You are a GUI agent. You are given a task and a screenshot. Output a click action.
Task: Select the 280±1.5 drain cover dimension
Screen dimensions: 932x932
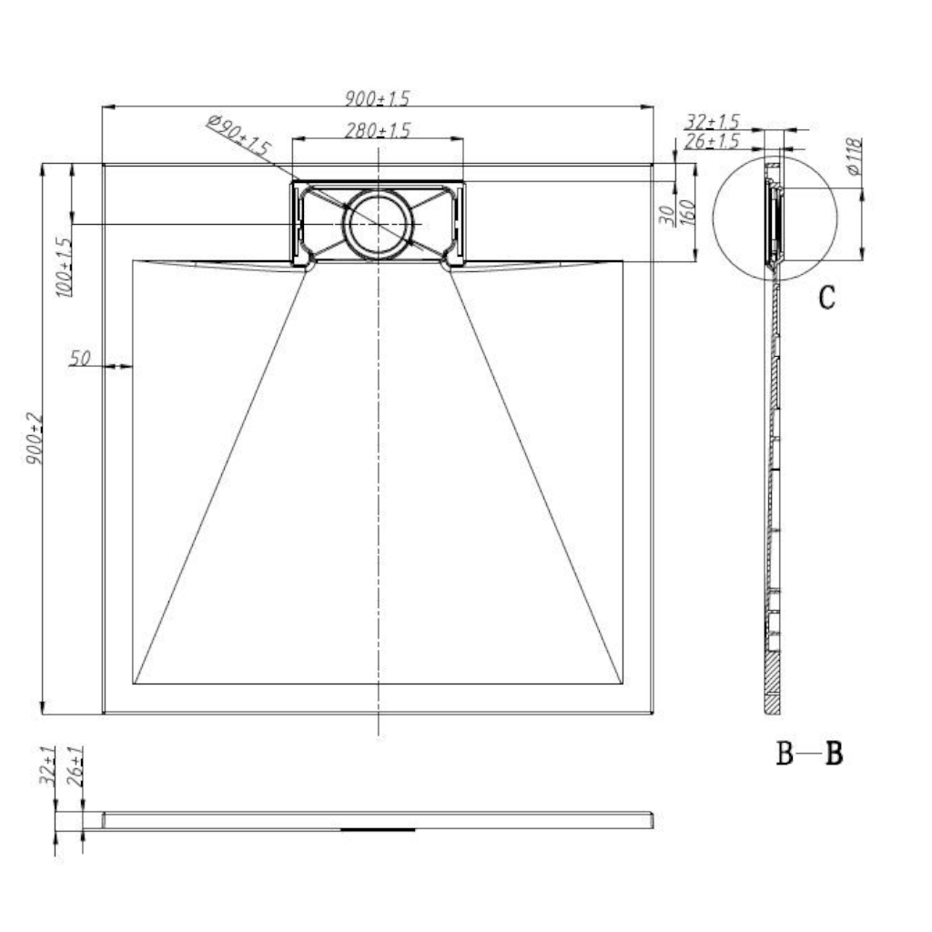tap(378, 130)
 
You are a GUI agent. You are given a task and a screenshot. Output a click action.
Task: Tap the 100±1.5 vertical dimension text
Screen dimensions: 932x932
tap(62, 267)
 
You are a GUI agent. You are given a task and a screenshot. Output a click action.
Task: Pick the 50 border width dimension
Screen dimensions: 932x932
tap(80, 358)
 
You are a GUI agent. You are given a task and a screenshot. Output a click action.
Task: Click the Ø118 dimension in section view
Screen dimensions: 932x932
tap(855, 157)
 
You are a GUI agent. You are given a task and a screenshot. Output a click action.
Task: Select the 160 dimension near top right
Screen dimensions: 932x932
tap(688, 213)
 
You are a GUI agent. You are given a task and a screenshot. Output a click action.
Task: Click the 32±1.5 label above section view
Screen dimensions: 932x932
tap(712, 121)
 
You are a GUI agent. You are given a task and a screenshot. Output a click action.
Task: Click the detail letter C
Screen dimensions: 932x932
tap(826, 298)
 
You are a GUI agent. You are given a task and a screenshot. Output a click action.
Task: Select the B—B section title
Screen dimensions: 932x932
tap(808, 754)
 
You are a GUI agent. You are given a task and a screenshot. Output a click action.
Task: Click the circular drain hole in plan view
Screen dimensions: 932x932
tap(378, 224)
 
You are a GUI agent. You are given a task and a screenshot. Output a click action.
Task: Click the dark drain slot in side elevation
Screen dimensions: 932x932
tap(378, 829)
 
